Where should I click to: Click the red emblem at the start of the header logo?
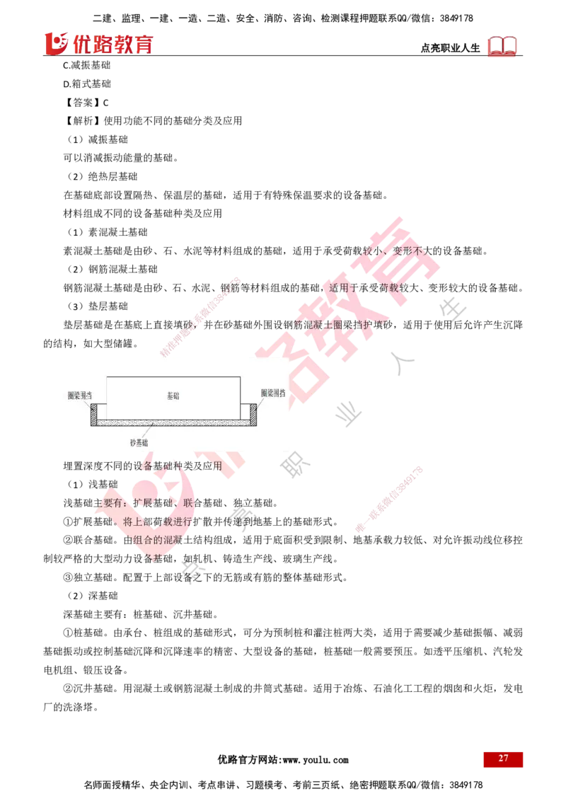pos(55,43)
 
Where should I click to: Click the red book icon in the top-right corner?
pos(503,47)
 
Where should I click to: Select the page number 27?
pos(503,759)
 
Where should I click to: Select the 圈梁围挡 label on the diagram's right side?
pos(274,393)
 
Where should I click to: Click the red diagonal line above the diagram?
pos(200,316)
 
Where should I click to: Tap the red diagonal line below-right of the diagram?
pos(389,498)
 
